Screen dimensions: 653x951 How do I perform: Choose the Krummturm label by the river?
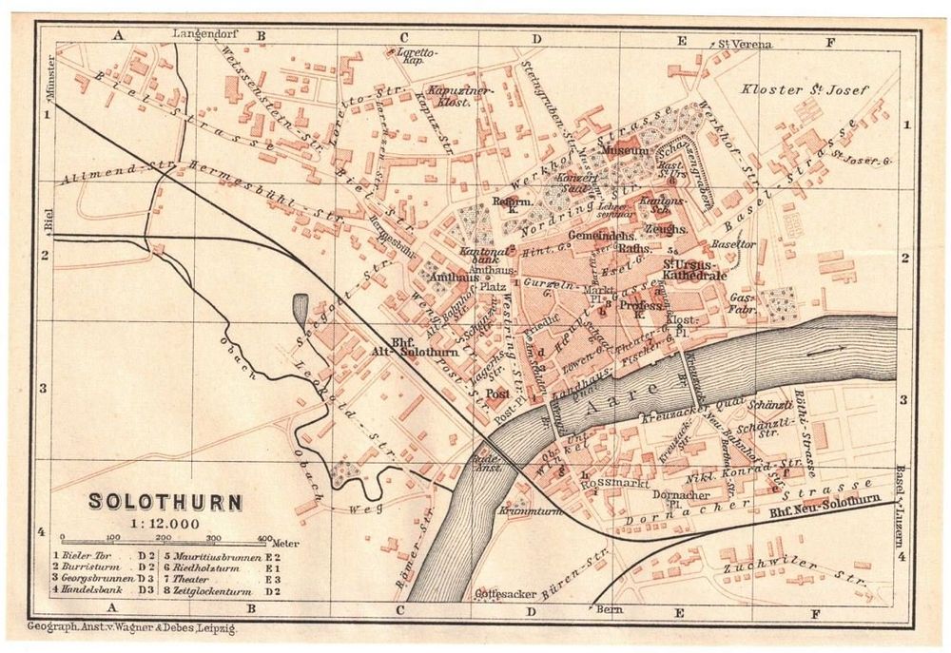pyautogui.click(x=529, y=510)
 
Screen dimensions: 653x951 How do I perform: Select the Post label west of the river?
pyautogui.click(x=497, y=393)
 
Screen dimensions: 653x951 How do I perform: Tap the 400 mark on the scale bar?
pyautogui.click(x=264, y=538)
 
